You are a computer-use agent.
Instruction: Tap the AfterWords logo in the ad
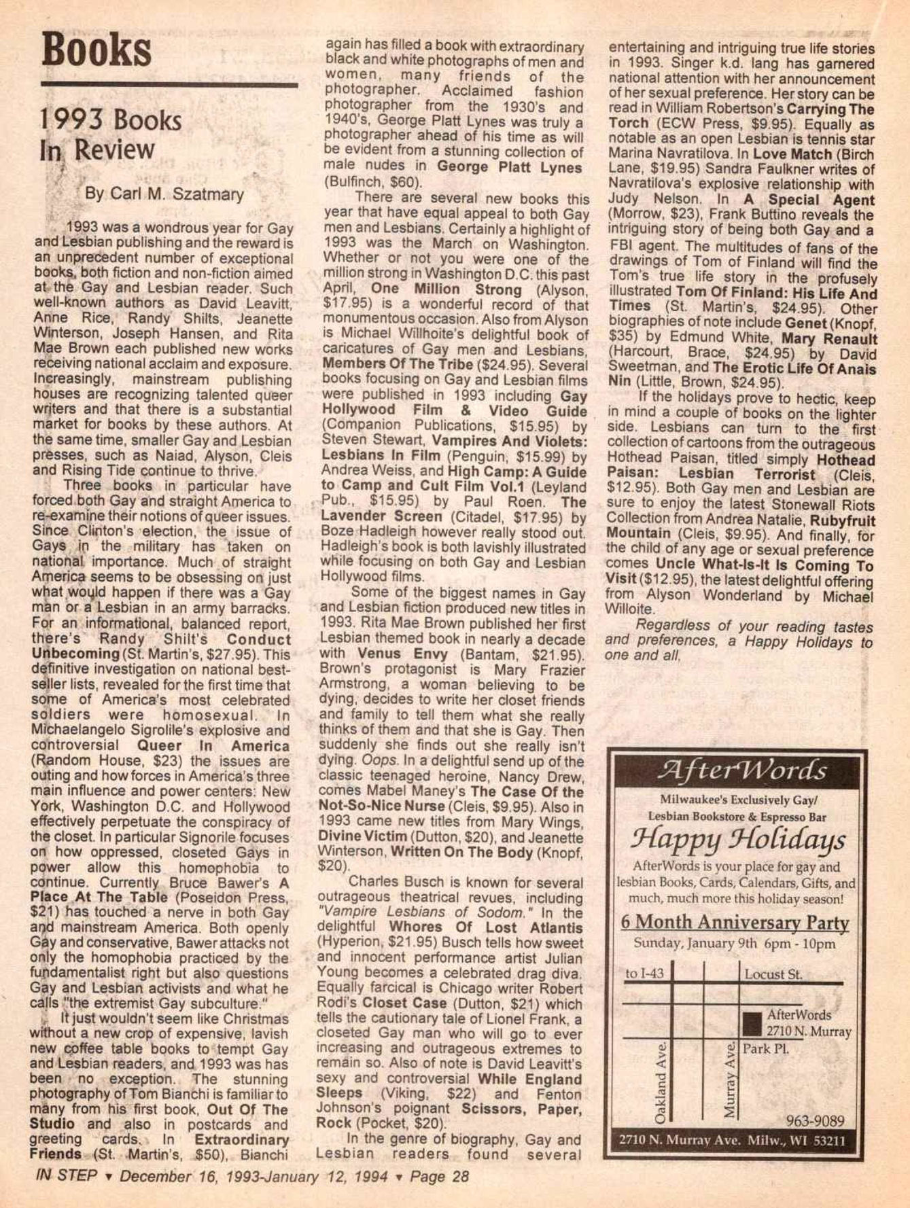click(x=741, y=770)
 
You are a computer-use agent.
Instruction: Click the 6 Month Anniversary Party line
click(x=735, y=923)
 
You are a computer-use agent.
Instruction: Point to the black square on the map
click(x=752, y=1022)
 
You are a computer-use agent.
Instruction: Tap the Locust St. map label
click(x=773, y=974)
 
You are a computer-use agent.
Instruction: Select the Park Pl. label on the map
click(x=765, y=1048)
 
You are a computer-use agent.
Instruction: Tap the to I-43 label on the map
click(x=644, y=974)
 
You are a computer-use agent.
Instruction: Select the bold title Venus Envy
click(x=402, y=655)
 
